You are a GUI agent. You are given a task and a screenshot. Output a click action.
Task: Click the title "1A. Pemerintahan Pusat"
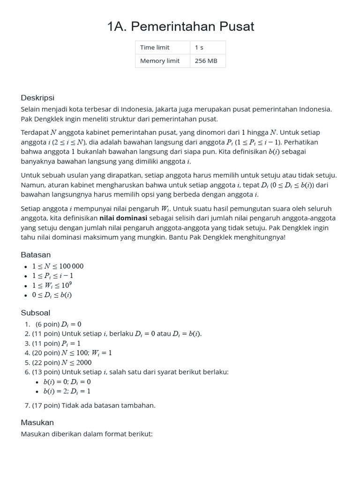tap(180, 27)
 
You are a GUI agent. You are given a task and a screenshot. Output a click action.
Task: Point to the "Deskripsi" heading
tap(37, 97)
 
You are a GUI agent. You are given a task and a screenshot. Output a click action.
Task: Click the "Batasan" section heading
tap(36, 255)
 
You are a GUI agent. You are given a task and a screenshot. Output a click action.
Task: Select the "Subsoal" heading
tap(36, 313)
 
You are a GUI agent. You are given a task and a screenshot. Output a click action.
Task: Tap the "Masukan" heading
tap(37, 422)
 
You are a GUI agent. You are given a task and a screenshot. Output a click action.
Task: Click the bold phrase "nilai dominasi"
tap(123, 218)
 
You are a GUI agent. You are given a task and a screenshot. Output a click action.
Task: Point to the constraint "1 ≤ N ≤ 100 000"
tap(58, 266)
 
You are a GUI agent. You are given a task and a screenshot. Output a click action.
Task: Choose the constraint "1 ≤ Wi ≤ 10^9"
tap(52, 285)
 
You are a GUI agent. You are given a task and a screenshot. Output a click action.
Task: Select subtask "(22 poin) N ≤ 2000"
tap(62, 362)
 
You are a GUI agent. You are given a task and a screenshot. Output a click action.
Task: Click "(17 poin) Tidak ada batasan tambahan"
tap(93, 405)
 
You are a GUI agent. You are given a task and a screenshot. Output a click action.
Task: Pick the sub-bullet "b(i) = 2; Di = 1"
tap(67, 391)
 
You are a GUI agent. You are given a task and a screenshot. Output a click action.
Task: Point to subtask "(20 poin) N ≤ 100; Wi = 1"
tap(72, 353)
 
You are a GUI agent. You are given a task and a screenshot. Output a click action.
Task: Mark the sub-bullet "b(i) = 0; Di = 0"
tap(67, 382)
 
